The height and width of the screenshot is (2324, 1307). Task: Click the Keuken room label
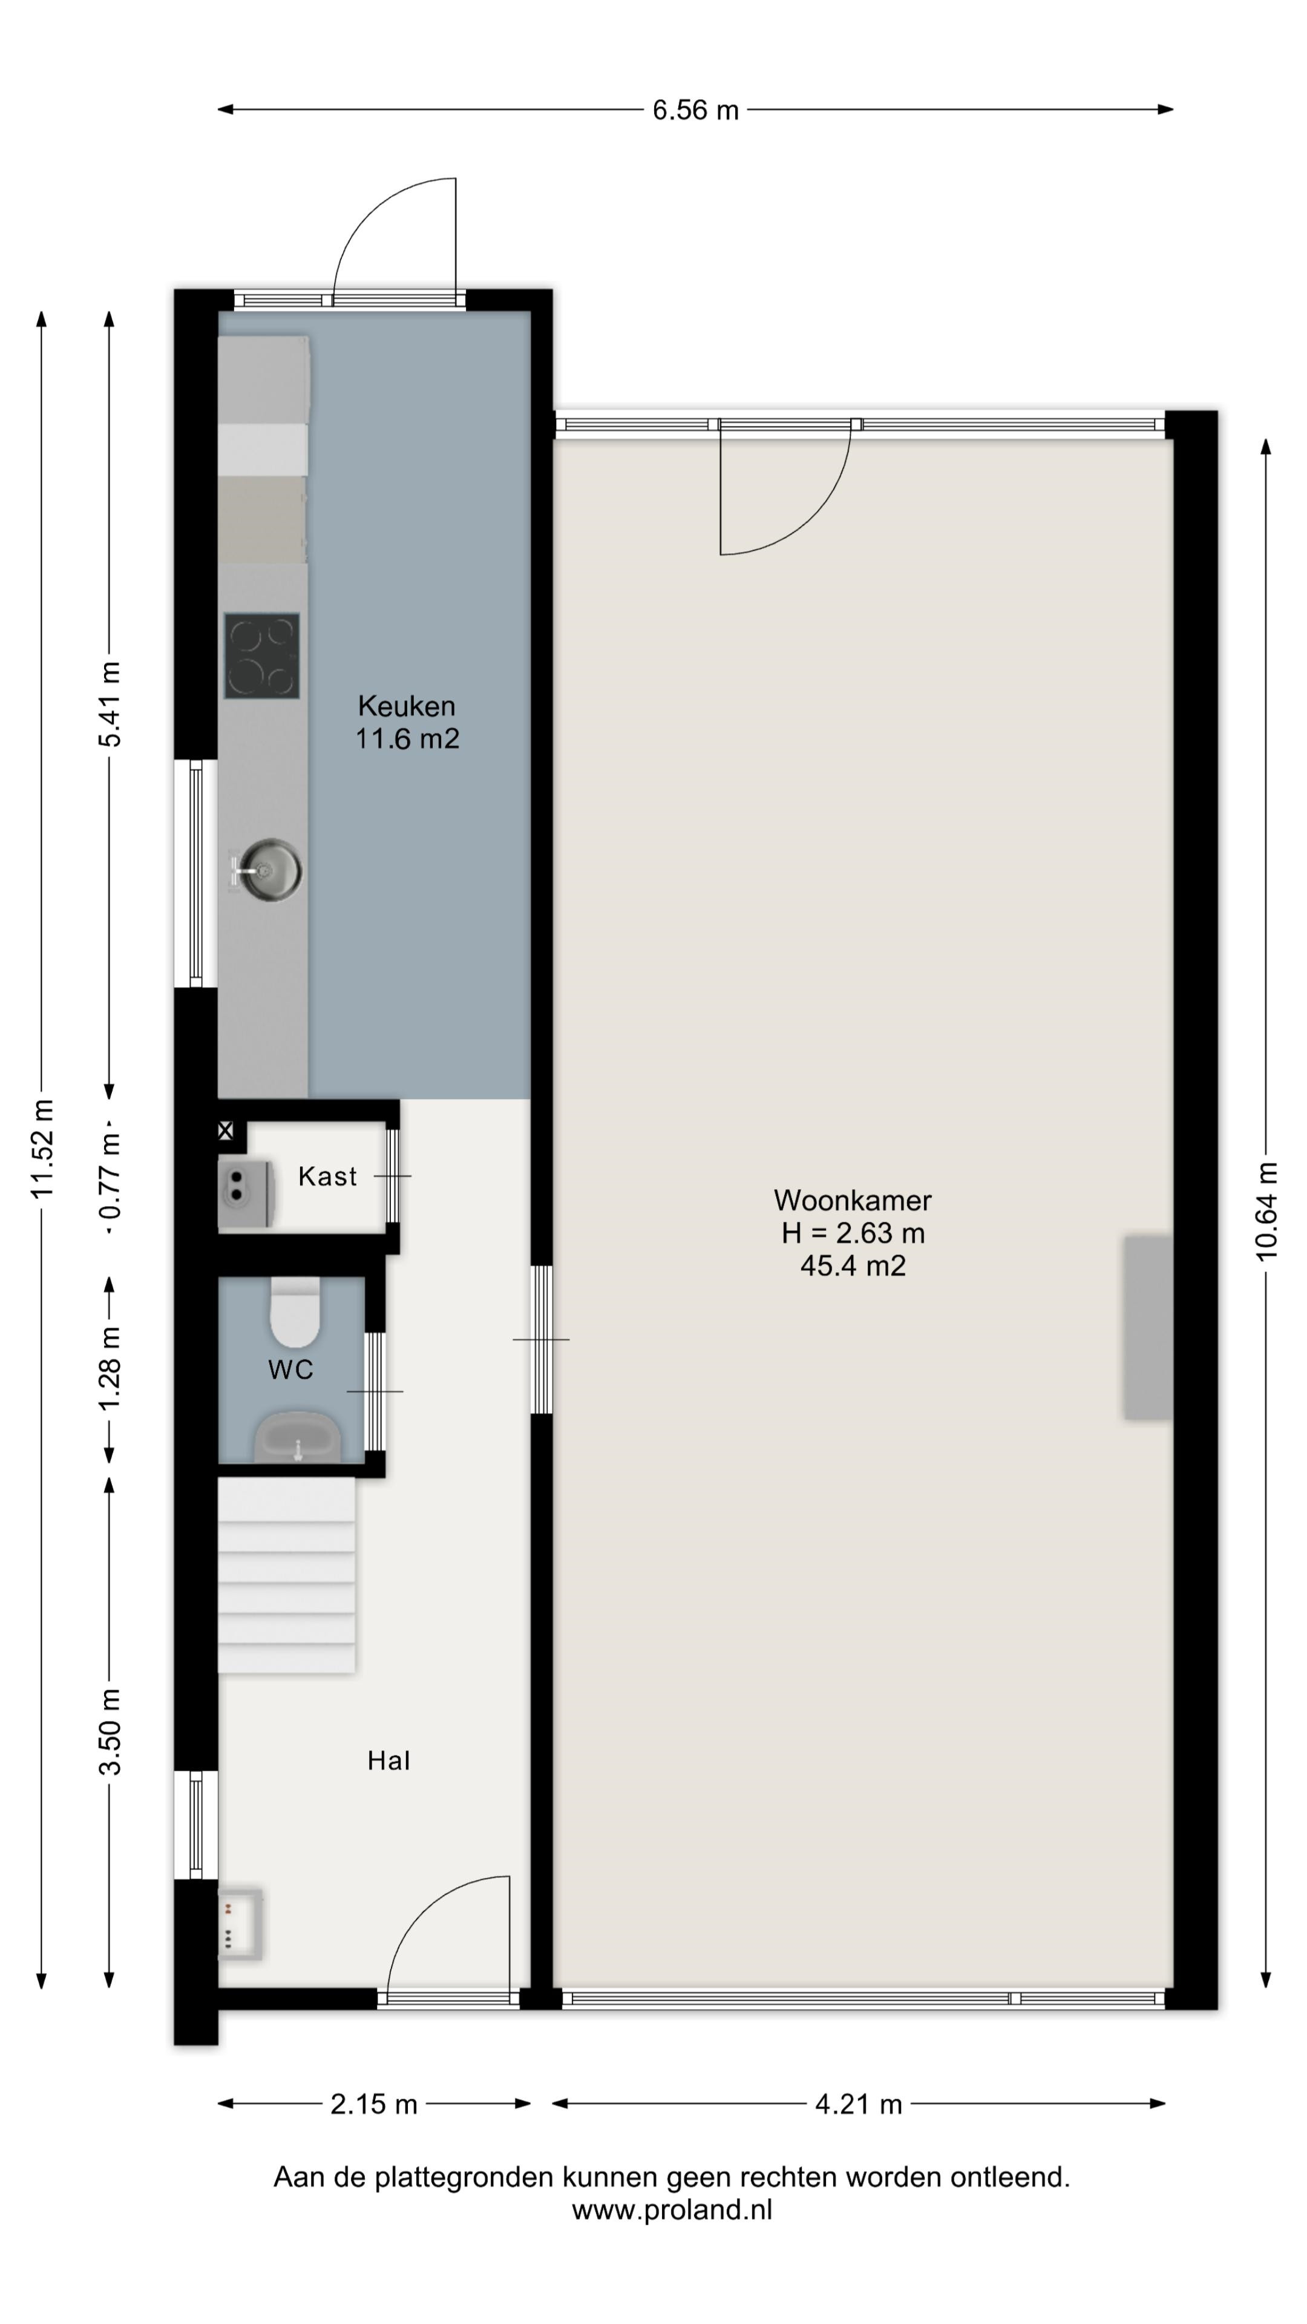click(406, 706)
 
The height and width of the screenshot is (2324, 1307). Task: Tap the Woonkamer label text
click(853, 1200)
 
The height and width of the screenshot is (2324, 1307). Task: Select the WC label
click(290, 1370)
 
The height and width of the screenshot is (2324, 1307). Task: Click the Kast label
click(327, 1177)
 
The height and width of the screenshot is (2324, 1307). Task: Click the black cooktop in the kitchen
click(261, 656)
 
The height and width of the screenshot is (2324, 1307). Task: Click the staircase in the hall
click(287, 1575)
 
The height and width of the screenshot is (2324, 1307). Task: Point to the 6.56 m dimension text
click(695, 110)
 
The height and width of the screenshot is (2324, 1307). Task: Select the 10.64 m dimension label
click(1266, 1210)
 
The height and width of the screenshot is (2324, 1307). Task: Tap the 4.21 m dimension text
click(859, 2105)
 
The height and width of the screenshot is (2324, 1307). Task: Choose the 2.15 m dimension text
click(373, 2105)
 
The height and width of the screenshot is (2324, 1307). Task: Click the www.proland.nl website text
click(672, 2210)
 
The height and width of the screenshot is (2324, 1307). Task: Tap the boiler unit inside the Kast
click(245, 1193)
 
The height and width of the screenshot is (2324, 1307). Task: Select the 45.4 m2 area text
click(853, 1265)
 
